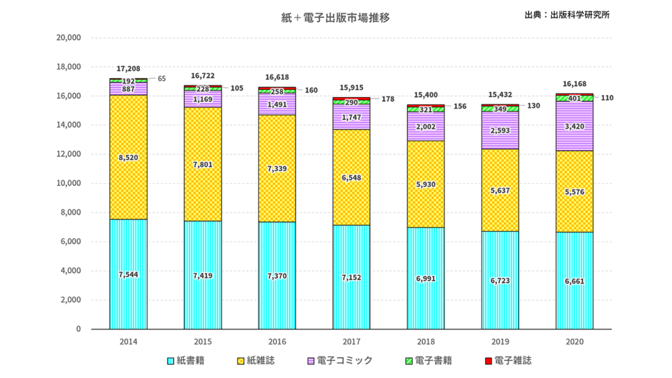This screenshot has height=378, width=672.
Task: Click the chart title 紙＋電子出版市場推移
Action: coord(335,18)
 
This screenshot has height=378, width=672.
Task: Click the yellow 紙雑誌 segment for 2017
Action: coord(351,197)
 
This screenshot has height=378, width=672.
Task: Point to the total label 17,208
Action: coord(128,68)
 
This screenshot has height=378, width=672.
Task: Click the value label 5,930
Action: coord(425,184)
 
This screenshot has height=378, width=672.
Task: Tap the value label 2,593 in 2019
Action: coord(500,131)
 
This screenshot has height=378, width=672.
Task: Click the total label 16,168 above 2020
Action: coord(574,84)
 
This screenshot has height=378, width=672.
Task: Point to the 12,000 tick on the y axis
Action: coord(69,154)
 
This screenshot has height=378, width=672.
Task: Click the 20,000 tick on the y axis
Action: coord(69,37)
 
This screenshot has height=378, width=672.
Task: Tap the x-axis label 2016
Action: coord(277,342)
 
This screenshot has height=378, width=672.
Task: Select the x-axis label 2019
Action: coord(500,342)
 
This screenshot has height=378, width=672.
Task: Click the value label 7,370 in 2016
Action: coord(277,276)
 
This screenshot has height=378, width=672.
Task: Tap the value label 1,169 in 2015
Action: coord(202,100)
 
